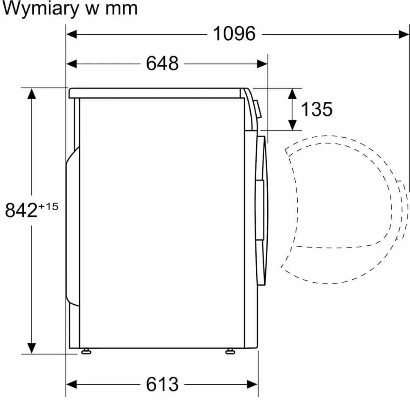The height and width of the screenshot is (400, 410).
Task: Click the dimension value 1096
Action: [234, 34]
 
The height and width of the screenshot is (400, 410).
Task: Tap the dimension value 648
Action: [162, 63]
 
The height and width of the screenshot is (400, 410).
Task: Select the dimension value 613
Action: [162, 384]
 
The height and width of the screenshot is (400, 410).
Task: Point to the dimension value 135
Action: [317, 109]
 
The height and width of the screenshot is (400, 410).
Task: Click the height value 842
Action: [22, 210]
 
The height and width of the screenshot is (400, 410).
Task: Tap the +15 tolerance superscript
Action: [48, 206]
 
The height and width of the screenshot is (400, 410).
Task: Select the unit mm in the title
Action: [121, 10]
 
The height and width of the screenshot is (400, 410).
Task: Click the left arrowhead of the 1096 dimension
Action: [72, 34]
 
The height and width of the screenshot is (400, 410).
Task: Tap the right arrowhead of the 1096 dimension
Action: [404, 34]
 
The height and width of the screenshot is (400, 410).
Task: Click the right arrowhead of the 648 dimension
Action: [262, 64]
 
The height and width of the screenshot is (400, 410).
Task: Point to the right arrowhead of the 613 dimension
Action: [252, 384]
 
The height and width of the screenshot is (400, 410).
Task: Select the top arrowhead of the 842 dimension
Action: [32, 94]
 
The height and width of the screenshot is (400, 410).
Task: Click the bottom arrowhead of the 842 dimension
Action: [32, 348]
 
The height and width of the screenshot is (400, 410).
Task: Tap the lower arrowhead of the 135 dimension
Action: [292, 125]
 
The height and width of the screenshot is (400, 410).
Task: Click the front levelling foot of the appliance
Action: [230, 351]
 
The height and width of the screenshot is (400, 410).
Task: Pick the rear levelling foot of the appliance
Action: [86, 351]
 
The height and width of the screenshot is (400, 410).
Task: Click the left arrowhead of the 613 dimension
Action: [72, 384]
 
